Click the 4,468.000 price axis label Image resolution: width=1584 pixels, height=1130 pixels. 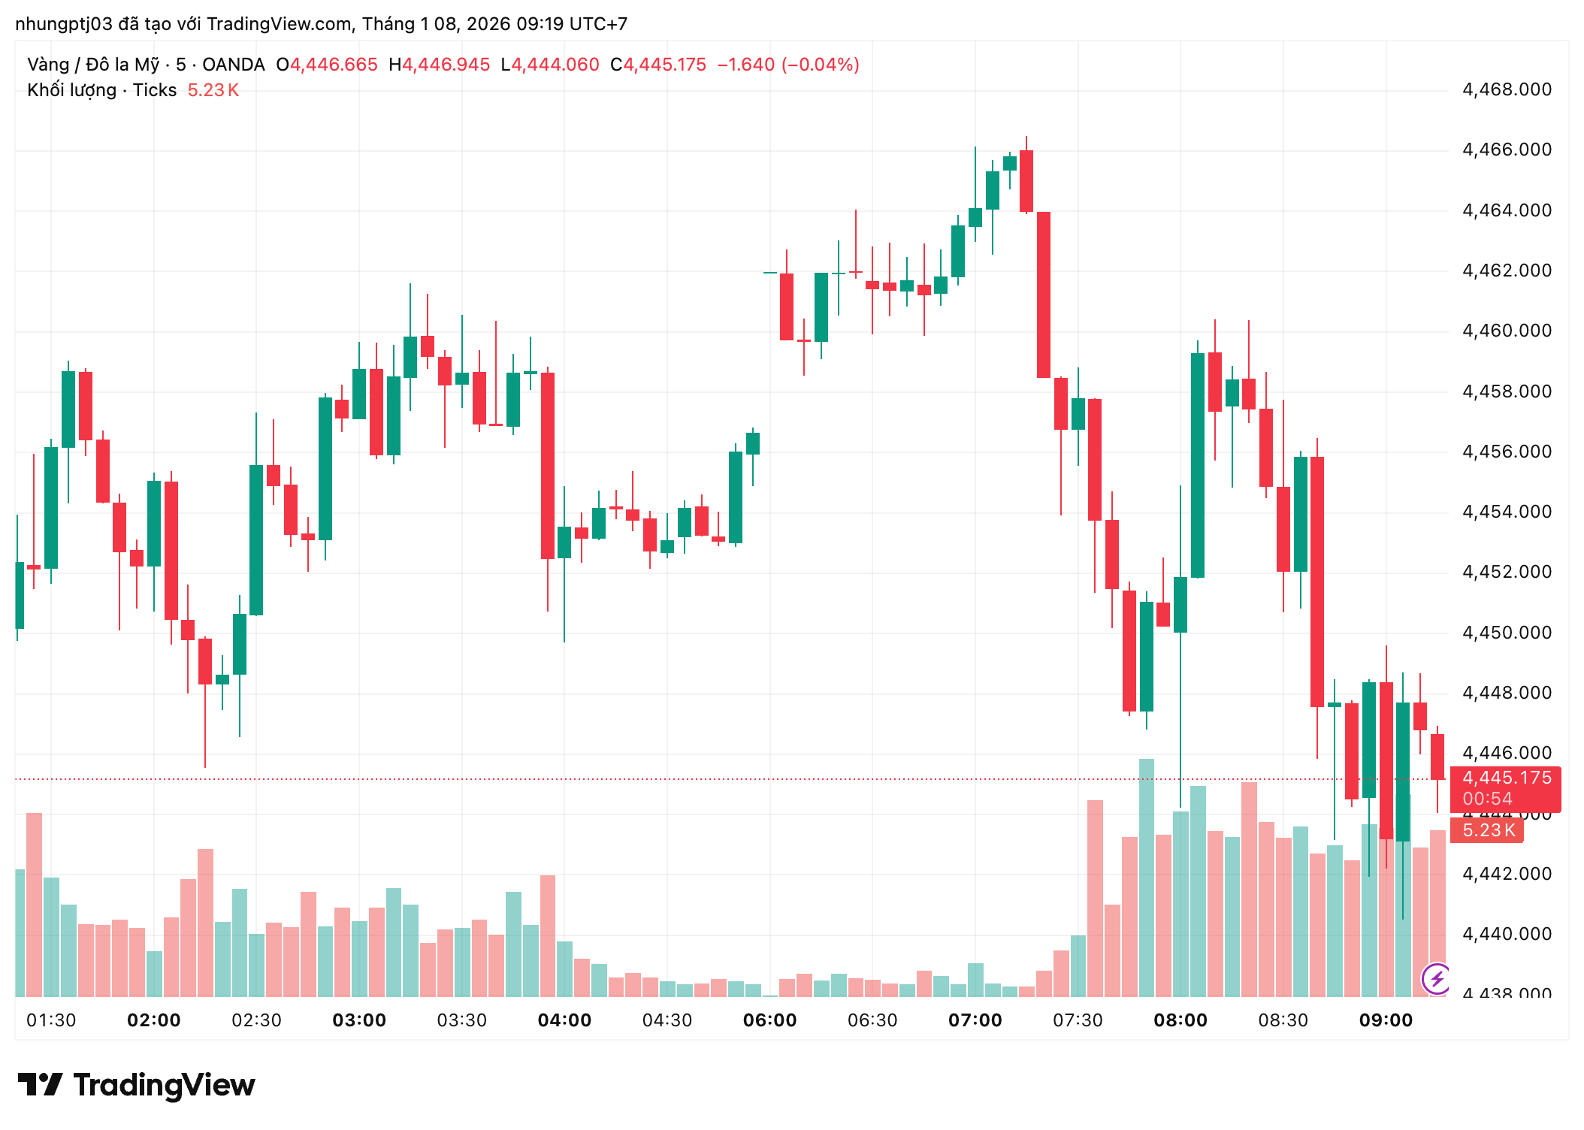1506,89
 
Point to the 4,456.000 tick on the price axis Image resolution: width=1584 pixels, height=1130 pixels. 1506,452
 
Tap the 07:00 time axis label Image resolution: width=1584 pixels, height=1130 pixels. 975,1020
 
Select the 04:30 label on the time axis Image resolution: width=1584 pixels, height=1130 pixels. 667,1020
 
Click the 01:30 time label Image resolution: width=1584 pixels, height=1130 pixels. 51,1020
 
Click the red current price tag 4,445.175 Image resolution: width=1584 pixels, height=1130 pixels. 1506,778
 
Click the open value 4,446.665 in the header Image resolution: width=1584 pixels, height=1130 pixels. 334,65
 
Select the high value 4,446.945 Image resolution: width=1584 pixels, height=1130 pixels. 446,65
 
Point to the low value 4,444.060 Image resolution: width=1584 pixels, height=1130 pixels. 555,65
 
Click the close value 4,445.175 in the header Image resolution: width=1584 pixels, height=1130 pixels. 665,65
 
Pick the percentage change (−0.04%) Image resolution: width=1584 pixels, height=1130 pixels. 820,65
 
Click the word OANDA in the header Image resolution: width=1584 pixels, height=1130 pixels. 233,65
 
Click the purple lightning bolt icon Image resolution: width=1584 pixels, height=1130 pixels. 1436,978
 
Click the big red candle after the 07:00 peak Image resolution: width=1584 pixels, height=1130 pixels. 1043,295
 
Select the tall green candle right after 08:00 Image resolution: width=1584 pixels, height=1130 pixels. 1197,465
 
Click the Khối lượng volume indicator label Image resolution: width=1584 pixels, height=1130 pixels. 101,90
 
